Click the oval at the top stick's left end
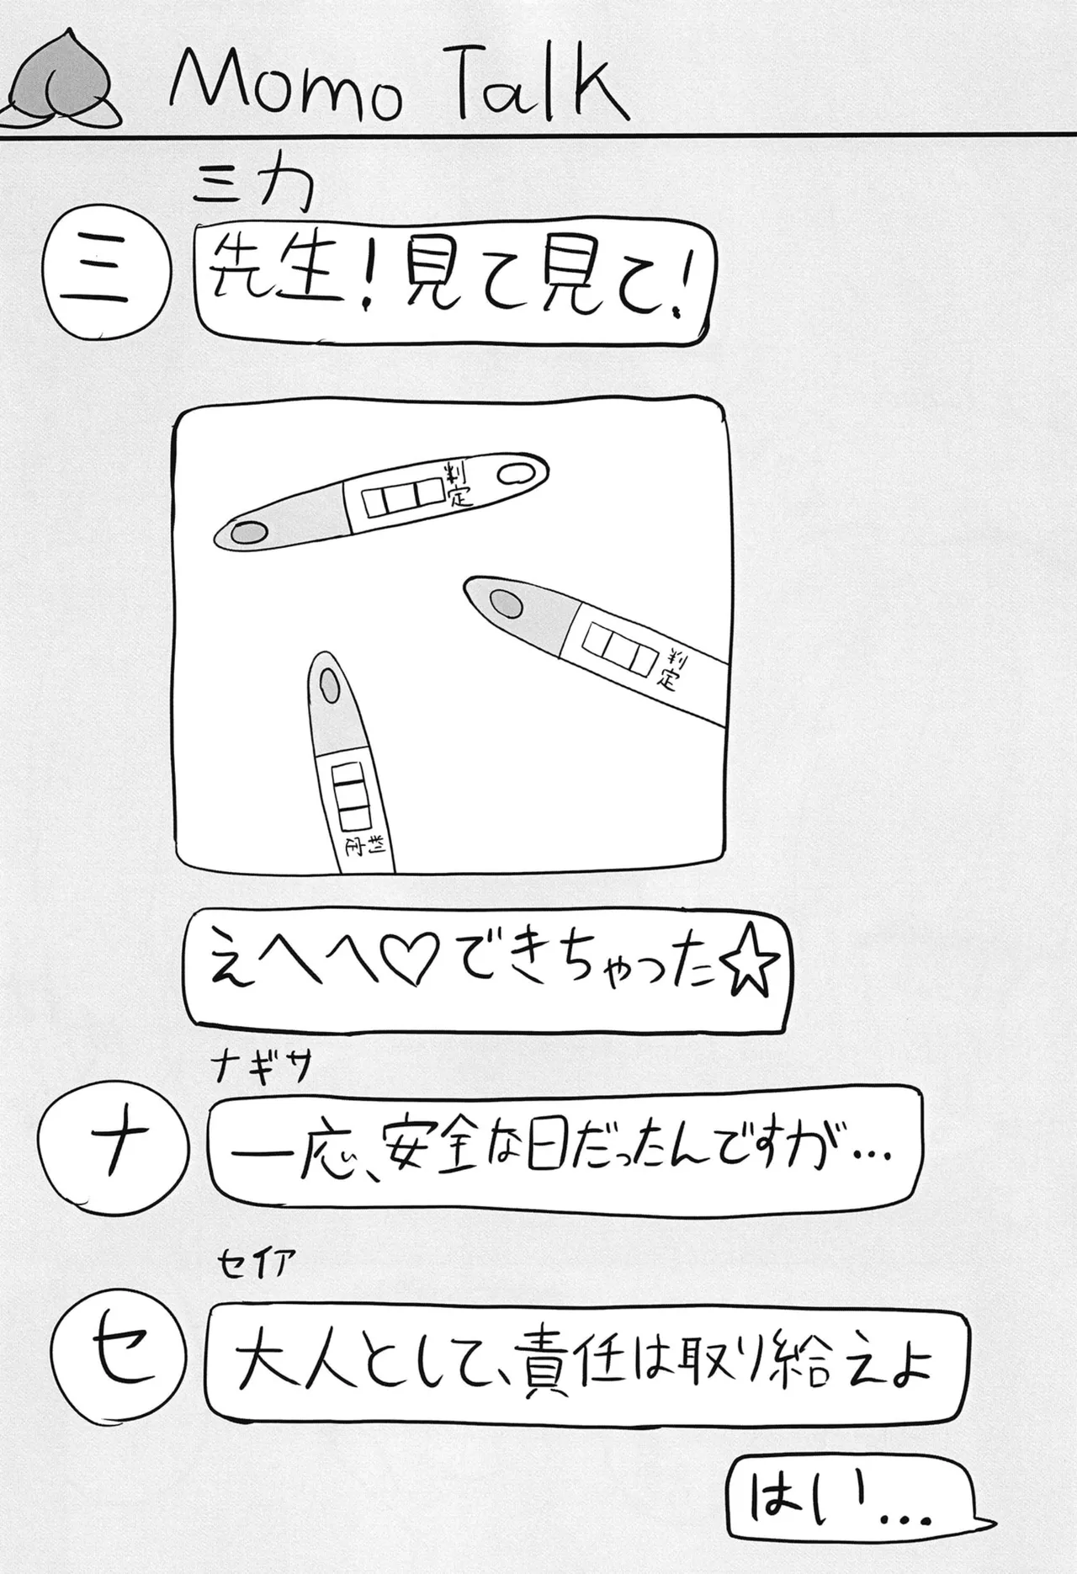tap(247, 532)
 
